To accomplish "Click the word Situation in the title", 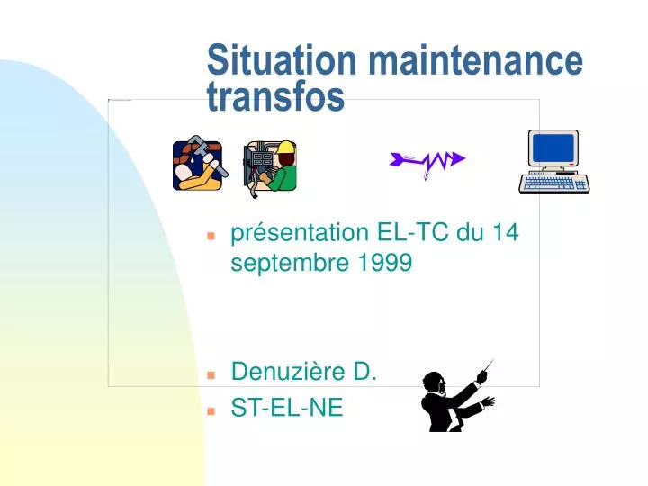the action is click(282, 59).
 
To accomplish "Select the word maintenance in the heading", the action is click(476, 60).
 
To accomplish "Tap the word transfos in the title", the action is click(275, 96).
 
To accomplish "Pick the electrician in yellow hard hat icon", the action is click(270, 168).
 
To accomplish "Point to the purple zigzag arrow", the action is click(427, 162).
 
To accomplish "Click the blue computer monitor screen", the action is click(553, 148).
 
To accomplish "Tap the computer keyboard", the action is click(554, 184).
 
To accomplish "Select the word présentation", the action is click(300, 233).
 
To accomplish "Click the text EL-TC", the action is click(412, 232).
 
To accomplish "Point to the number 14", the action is click(506, 232).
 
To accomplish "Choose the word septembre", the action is click(290, 263).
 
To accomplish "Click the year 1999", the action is click(385, 262).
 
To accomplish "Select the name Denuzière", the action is click(288, 371).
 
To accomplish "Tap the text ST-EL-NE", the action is click(287, 408).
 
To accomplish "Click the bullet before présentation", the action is click(211, 236).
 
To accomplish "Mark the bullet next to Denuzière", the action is click(211, 374).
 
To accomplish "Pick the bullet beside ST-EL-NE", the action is click(211, 411).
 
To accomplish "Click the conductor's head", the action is click(434, 382).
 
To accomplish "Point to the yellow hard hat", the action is click(285, 147).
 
